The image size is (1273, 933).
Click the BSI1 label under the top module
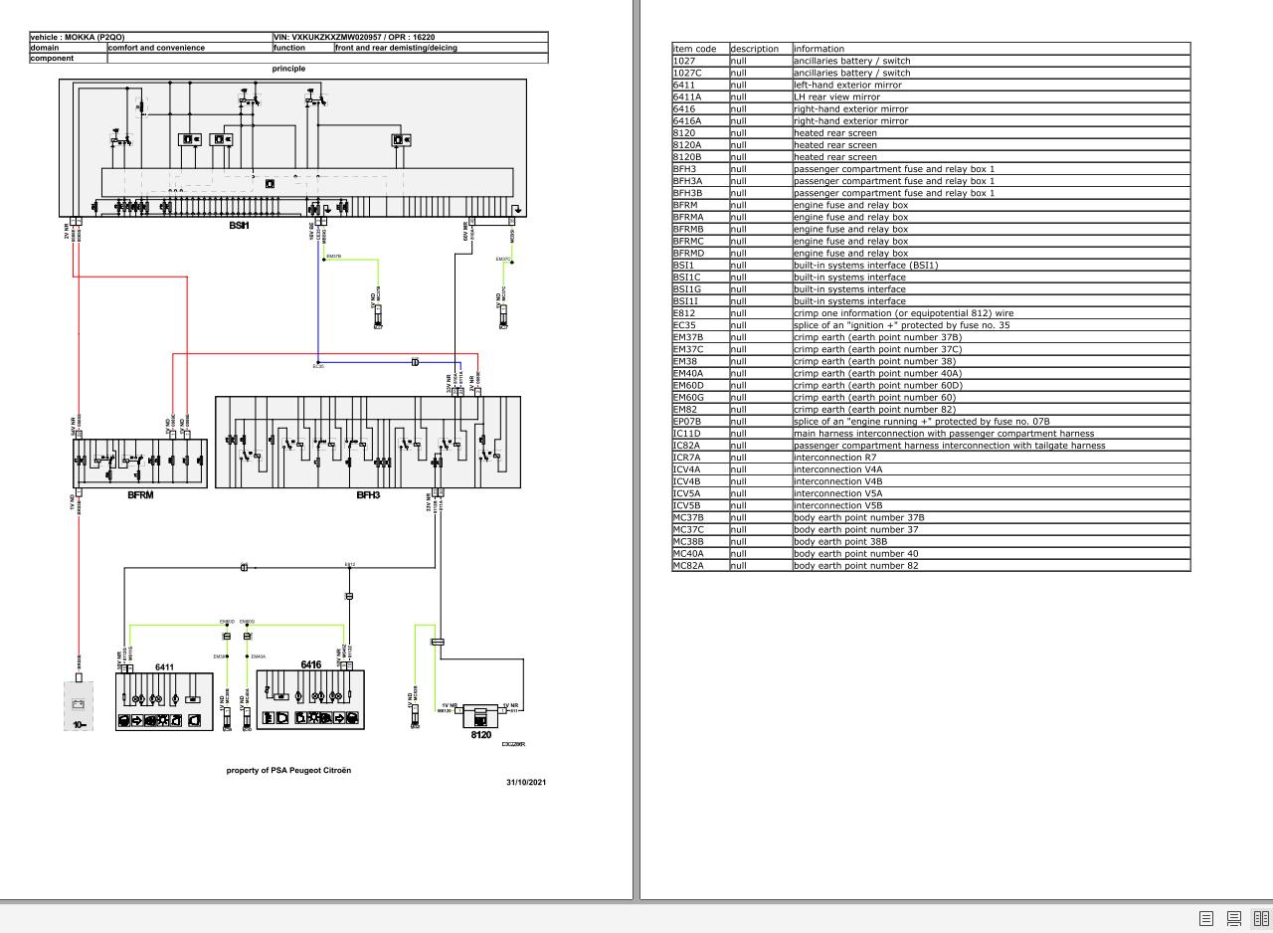[239, 226]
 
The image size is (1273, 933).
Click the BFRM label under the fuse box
[140, 494]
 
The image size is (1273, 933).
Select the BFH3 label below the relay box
[368, 494]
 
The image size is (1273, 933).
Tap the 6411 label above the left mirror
[164, 666]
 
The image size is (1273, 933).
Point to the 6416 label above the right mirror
[310, 664]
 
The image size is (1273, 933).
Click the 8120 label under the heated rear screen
[480, 735]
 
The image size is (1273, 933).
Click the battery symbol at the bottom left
[79, 705]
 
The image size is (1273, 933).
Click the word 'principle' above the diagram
[288, 69]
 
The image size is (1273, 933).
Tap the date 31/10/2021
[526, 782]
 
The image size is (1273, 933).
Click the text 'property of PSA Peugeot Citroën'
[288, 770]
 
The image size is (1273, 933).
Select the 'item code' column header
[694, 49]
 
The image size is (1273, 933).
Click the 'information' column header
[818, 49]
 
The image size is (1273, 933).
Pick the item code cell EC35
[684, 325]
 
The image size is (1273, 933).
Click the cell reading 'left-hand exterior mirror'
[847, 85]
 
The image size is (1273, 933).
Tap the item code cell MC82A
[688, 566]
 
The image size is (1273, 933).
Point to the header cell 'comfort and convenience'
[156, 48]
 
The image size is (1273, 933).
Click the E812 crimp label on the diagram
[350, 565]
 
